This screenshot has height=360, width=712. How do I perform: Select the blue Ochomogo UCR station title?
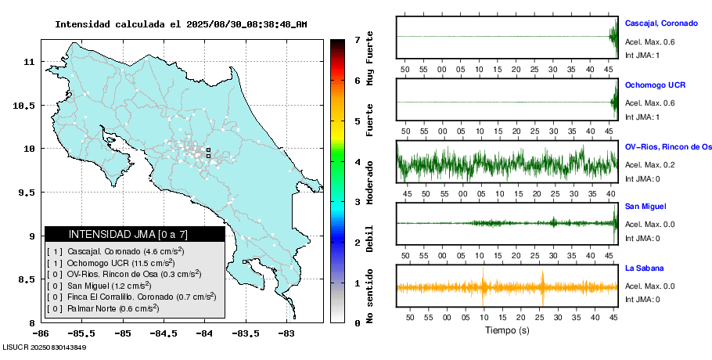coord(654,85)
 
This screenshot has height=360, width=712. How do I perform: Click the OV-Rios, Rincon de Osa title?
coord(668,146)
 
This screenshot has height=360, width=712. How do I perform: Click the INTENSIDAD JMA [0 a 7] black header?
coord(135,234)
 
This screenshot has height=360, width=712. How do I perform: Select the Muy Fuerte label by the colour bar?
coord(370,61)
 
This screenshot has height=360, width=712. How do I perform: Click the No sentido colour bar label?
coord(370,297)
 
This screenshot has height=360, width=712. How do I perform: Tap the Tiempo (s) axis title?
coord(506,330)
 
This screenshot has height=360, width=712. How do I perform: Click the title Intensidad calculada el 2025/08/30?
coord(181,24)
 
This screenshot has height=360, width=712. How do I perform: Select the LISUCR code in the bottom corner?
coord(44,347)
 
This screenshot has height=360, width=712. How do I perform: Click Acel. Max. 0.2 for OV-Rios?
coord(649,164)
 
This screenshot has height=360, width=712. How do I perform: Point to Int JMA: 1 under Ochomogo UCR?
coord(642,117)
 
